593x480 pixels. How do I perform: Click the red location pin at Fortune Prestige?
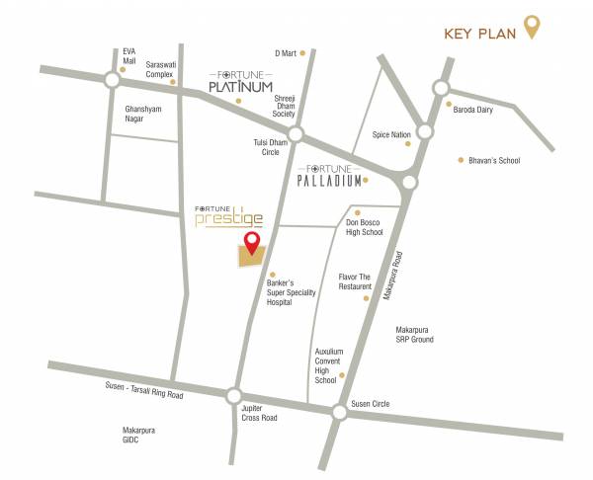[x=252, y=243]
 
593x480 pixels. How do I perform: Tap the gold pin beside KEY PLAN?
[x=532, y=26]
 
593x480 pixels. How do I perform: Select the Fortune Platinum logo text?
[x=240, y=83]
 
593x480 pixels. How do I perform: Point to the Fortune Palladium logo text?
[x=329, y=177]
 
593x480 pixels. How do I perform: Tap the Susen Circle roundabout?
[x=338, y=410]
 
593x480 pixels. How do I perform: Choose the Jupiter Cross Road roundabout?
[x=233, y=395]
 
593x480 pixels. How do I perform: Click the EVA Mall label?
[x=128, y=56]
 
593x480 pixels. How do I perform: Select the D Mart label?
[x=286, y=52]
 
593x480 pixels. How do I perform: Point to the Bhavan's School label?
[x=495, y=160]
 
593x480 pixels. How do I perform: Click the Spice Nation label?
[x=390, y=134]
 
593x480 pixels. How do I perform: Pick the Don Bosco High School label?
[x=365, y=226]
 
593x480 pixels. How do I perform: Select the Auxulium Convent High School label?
[x=328, y=365]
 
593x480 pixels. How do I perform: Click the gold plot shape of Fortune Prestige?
[x=250, y=257]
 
